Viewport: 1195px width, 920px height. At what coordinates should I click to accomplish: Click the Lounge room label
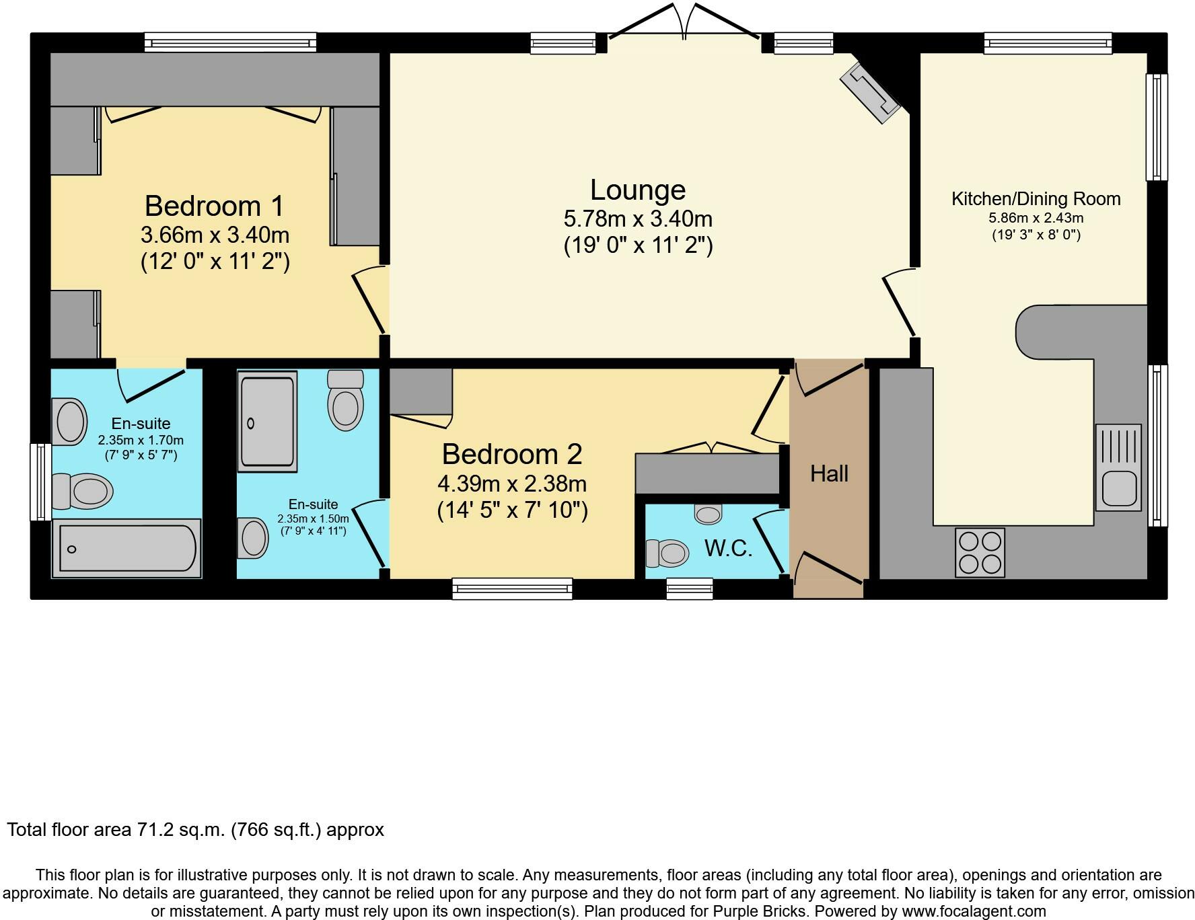coord(637,190)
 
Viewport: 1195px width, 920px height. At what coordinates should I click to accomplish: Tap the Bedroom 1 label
coord(214,206)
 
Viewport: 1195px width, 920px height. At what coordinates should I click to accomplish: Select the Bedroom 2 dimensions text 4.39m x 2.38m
coord(511,484)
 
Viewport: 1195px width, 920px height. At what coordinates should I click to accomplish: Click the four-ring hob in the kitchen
coord(980,552)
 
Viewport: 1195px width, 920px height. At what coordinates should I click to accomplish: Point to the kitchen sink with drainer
coord(1118,467)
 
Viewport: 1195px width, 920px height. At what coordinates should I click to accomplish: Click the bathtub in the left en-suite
coord(126,548)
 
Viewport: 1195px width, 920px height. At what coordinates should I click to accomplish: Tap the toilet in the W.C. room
coord(667,553)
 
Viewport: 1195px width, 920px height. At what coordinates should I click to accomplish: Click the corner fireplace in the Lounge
coord(870,92)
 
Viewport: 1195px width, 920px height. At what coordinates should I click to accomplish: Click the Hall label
coord(829,473)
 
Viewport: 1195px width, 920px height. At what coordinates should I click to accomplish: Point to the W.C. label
coord(728,549)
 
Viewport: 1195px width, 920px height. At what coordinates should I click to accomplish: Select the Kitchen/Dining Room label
coord(1036,199)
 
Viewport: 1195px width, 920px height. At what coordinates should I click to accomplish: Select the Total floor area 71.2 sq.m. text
coord(195,829)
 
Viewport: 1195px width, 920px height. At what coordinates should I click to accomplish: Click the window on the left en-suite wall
coord(40,482)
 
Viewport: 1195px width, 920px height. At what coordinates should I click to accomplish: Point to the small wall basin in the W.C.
coord(708,514)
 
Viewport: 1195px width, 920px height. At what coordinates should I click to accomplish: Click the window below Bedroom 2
coord(512,589)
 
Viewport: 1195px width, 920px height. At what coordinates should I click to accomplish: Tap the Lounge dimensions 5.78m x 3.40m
coord(637,219)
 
